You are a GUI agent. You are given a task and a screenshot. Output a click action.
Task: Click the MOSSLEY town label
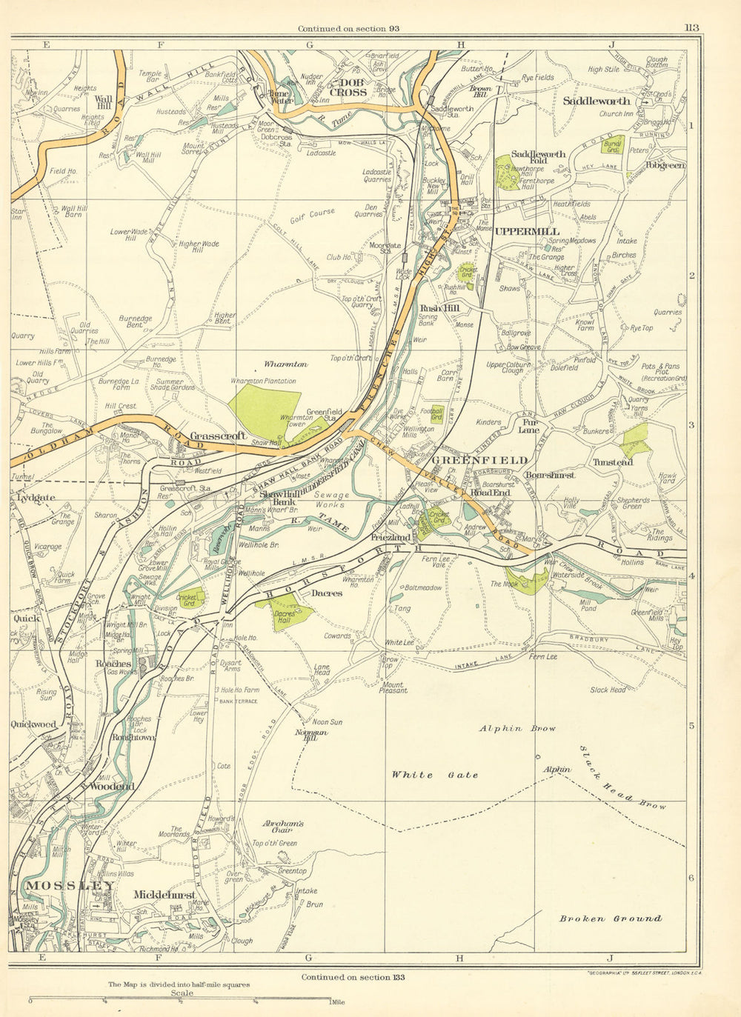[70, 886]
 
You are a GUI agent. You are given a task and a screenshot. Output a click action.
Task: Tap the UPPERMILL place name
[527, 232]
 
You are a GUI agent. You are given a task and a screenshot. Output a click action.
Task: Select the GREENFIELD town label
[479, 461]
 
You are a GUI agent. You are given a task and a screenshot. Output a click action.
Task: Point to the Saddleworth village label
[597, 101]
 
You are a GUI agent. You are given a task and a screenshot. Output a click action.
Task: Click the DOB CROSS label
[348, 87]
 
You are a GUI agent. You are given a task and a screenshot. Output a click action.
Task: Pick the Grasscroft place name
[218, 436]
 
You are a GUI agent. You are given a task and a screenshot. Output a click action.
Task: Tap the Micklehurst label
[164, 896]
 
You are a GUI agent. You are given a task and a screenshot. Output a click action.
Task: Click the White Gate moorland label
[434, 775]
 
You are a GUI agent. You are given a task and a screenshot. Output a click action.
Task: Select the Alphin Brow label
[517, 729]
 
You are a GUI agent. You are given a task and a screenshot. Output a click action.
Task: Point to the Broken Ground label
[611, 918]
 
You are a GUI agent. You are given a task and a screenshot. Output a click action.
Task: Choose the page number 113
[691, 28]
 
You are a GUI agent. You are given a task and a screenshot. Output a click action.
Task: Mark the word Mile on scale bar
[338, 1002]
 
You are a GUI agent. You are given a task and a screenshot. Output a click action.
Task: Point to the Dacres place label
[326, 593]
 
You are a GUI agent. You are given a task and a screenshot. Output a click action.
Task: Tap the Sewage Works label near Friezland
[330, 499]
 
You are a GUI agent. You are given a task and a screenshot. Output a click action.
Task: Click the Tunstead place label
[613, 462]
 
